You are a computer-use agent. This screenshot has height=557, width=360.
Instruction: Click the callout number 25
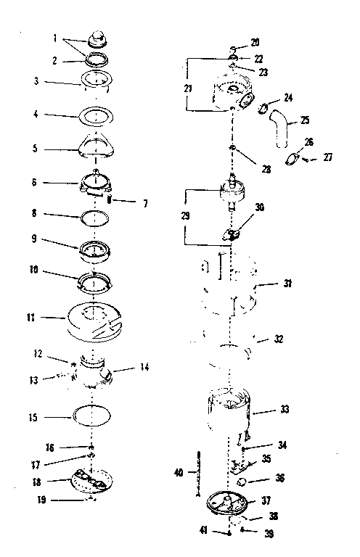pyautogui.click(x=305, y=120)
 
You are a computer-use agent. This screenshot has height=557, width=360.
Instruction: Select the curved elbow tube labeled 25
pyautogui.click(x=280, y=128)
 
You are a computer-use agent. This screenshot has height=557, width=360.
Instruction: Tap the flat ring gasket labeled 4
pyautogui.click(x=96, y=117)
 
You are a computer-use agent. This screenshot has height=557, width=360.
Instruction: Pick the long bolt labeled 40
pyautogui.click(x=198, y=474)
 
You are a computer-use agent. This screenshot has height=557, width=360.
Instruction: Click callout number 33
pyautogui.click(x=285, y=409)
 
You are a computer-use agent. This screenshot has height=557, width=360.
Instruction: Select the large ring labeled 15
pyautogui.click(x=91, y=416)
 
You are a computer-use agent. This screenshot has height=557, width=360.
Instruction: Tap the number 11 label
pyautogui.click(x=31, y=317)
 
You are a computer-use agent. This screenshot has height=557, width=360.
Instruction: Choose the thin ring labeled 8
pyautogui.click(x=95, y=218)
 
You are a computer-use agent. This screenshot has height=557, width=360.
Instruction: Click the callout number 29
pyautogui.click(x=185, y=215)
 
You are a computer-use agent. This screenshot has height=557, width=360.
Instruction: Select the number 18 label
pyautogui.click(x=36, y=482)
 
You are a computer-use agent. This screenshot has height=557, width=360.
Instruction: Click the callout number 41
pyautogui.click(x=203, y=531)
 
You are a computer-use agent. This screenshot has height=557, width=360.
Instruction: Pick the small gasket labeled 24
pyautogui.click(x=263, y=108)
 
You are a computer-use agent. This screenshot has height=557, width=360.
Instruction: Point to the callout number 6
pyautogui.click(x=34, y=182)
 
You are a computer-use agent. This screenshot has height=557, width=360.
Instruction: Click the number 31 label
pyautogui.click(x=287, y=284)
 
